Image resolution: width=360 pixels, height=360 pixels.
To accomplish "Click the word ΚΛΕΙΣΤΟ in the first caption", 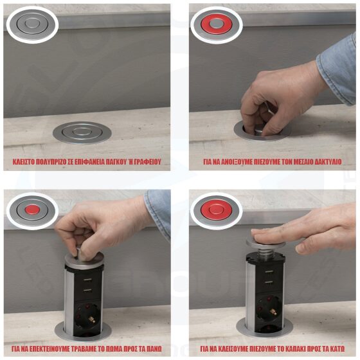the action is tap(24, 162).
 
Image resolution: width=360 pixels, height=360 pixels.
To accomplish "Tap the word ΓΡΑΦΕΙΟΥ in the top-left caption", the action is tap(148, 162).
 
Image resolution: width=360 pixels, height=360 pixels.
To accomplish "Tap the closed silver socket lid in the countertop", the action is tap(82, 132).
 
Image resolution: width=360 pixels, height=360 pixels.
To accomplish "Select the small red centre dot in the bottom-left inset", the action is tap(32, 210).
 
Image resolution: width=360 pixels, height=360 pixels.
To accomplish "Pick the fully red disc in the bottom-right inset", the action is tap(216, 210).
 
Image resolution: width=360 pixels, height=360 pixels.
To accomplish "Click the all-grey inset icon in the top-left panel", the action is tap(32, 24).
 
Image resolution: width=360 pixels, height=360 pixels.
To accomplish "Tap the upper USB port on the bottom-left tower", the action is tap(87, 280).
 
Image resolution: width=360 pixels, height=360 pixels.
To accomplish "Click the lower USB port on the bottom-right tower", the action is tap(269, 282).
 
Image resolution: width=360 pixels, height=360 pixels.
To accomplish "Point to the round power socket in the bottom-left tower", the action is tap(87, 314).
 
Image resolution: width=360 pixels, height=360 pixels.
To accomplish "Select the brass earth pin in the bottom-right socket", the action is tap(273, 312).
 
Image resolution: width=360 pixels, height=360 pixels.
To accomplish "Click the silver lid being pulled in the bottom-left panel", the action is tap(84, 260).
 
